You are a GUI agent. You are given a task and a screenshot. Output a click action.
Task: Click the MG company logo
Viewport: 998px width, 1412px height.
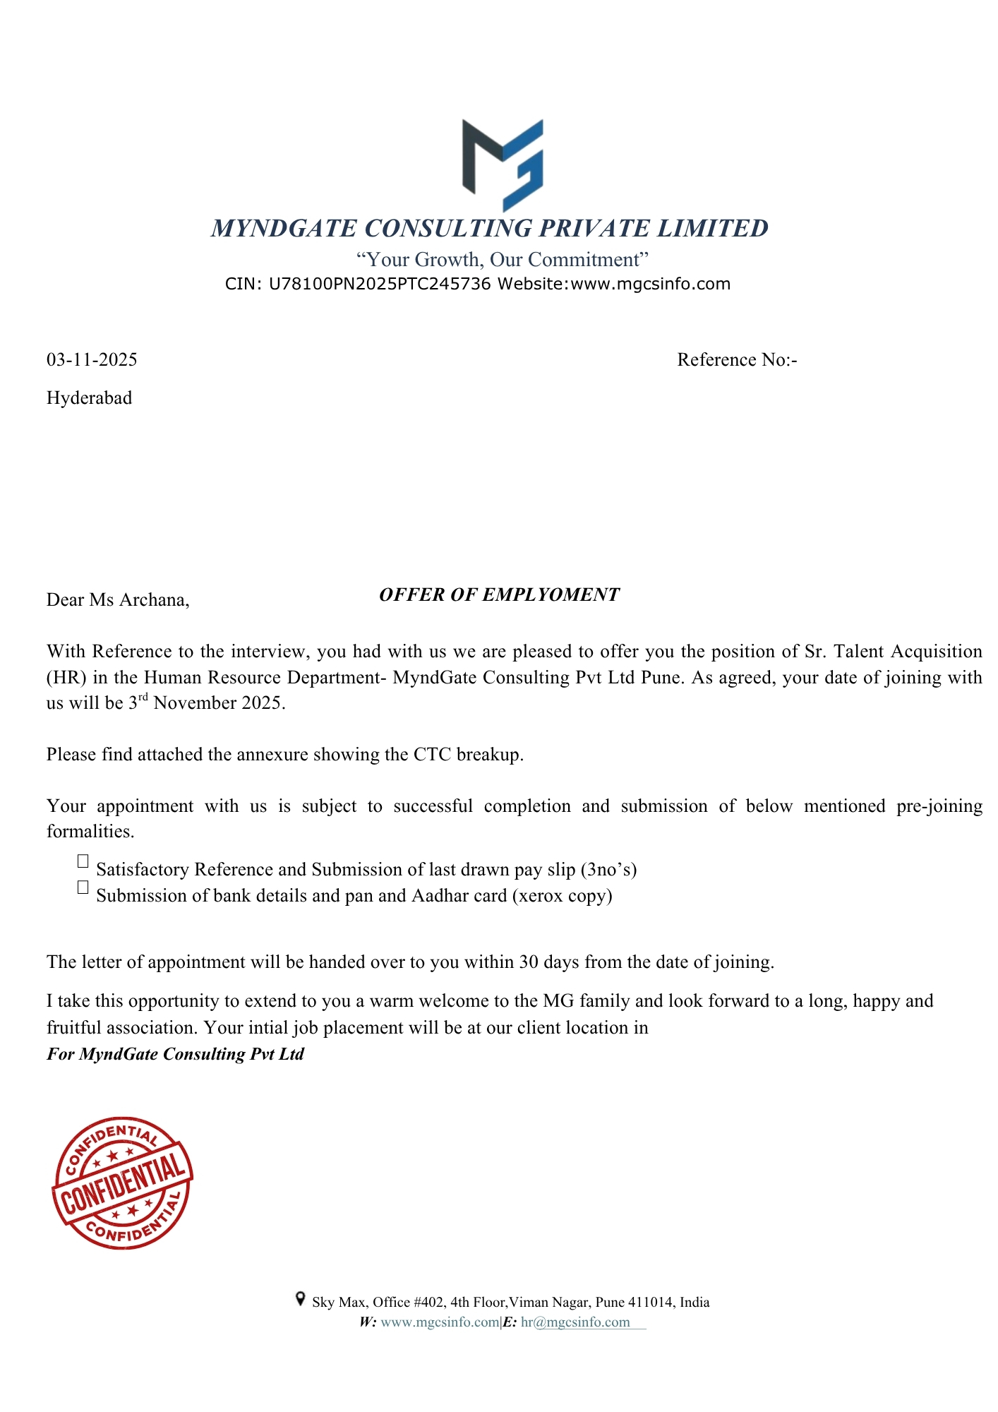[x=503, y=165]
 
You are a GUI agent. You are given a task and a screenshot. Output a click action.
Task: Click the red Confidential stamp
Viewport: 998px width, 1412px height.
[x=122, y=1183]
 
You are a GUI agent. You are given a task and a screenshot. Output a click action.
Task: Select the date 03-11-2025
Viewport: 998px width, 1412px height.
[x=92, y=360]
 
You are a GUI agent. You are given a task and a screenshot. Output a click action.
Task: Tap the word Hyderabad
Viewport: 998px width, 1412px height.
[x=89, y=398]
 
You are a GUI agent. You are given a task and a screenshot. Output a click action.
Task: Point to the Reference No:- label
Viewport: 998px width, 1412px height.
[x=737, y=360]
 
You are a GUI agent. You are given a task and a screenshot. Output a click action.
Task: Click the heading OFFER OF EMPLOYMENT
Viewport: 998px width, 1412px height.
[x=499, y=595]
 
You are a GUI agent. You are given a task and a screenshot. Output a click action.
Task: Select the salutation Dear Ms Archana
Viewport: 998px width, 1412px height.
[x=118, y=600]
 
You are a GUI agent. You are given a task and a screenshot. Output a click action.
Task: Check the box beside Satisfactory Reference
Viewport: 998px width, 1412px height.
[x=83, y=861]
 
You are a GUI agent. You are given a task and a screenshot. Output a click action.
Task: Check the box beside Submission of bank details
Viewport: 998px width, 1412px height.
[x=83, y=887]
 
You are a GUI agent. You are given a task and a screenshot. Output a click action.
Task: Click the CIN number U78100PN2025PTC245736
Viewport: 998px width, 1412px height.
[x=380, y=285]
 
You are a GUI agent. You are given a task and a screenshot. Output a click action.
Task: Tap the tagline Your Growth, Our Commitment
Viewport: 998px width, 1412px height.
[x=502, y=260]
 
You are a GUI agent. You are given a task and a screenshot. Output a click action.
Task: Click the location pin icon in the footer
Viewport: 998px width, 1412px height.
[x=300, y=1299]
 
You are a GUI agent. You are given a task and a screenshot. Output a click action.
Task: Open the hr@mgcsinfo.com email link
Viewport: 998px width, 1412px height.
[x=575, y=1322]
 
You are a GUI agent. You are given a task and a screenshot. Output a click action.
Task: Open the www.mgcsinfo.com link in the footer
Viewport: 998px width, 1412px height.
[x=440, y=1322]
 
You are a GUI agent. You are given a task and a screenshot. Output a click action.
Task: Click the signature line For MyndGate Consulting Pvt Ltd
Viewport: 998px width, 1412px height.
[x=175, y=1054]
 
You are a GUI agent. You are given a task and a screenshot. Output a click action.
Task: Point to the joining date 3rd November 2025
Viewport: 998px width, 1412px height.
[x=207, y=703]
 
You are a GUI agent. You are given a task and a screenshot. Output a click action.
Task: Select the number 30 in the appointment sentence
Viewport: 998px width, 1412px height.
[x=529, y=962]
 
